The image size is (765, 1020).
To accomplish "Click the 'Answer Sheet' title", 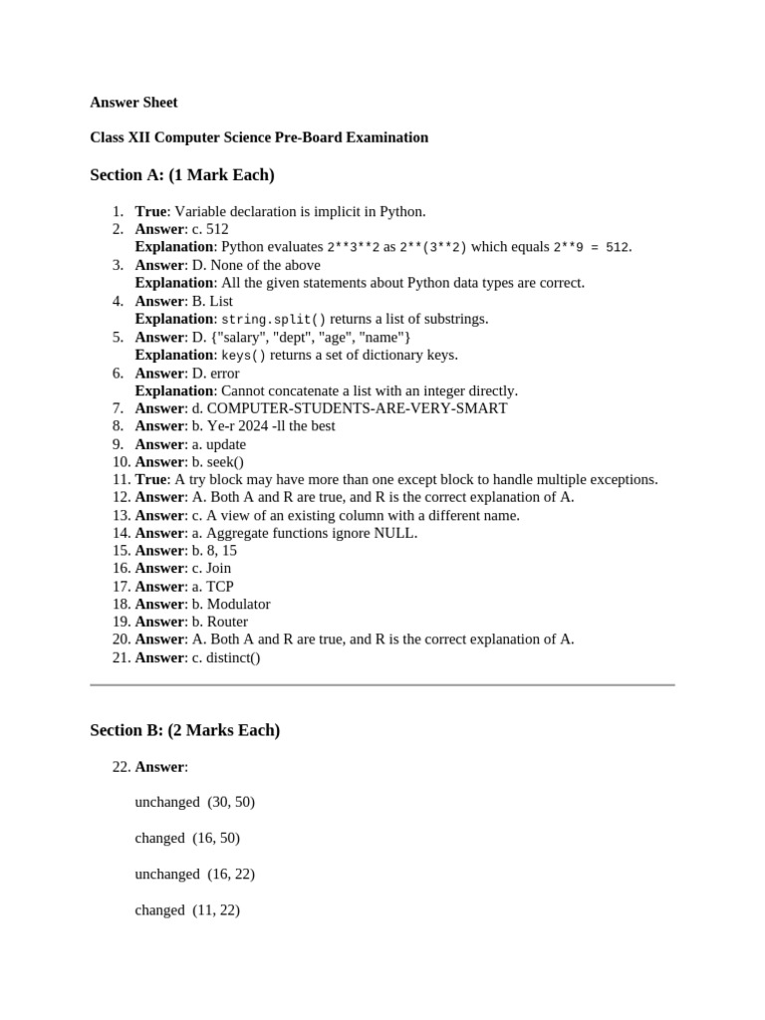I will pos(133,102).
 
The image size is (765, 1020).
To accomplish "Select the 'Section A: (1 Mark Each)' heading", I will pos(182,175).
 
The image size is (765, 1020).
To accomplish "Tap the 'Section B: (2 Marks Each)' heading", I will pos(184,730).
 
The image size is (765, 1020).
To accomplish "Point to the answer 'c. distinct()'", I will pos(226,657).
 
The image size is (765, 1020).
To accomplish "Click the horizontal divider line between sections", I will pos(382,685).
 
